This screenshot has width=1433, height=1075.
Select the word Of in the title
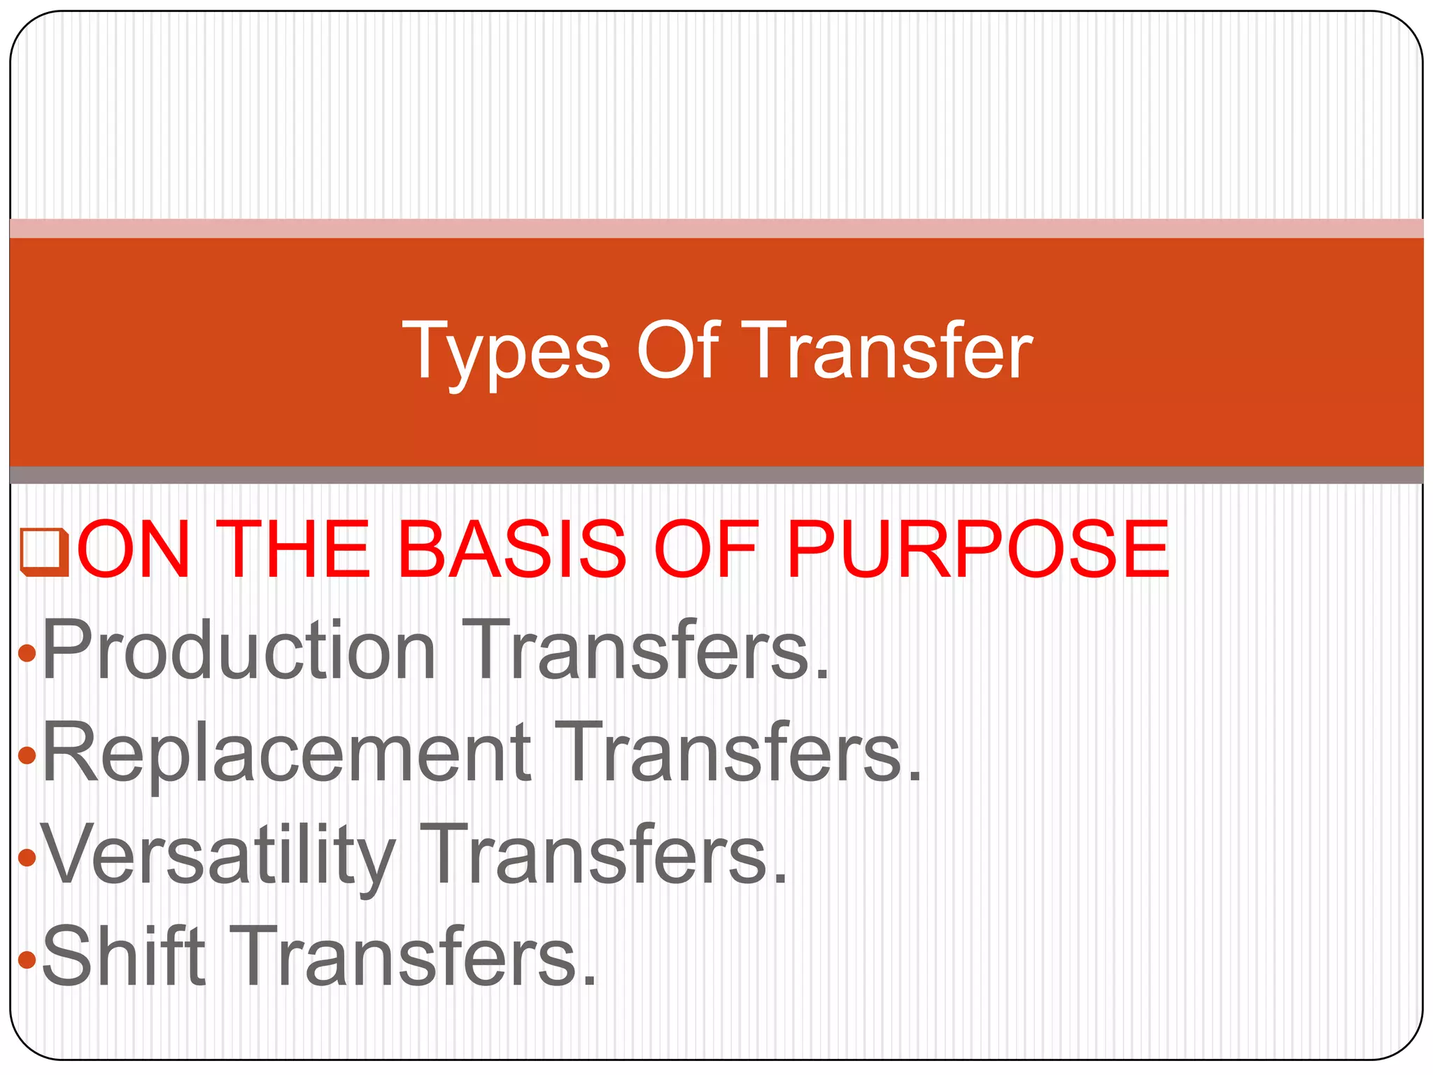pos(677,350)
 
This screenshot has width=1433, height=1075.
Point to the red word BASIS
pos(511,550)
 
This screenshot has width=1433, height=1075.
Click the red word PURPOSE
pos(977,550)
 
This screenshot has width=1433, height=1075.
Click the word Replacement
pos(286,752)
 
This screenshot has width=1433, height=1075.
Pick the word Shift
pos(124,956)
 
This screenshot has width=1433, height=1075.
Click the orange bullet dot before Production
pos(27,654)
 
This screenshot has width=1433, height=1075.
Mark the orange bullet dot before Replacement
pos(27,756)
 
